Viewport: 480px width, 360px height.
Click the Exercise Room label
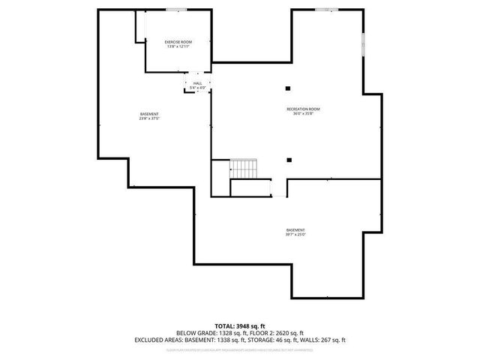coord(178,41)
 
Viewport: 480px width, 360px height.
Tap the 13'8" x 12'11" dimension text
coord(178,46)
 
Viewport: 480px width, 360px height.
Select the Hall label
coord(197,83)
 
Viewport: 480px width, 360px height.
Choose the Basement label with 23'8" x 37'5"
coord(149,114)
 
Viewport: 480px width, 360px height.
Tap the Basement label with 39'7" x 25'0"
coord(295,230)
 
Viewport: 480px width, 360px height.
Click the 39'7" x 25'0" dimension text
coord(295,235)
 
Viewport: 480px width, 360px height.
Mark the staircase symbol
coord(244,169)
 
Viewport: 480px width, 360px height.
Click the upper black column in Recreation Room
coord(289,88)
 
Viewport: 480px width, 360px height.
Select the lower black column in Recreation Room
coord(289,158)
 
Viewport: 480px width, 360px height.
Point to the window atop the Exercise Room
coord(177,10)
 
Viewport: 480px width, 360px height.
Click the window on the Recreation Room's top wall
coord(322,10)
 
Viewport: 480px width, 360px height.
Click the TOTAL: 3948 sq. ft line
coord(240,326)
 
